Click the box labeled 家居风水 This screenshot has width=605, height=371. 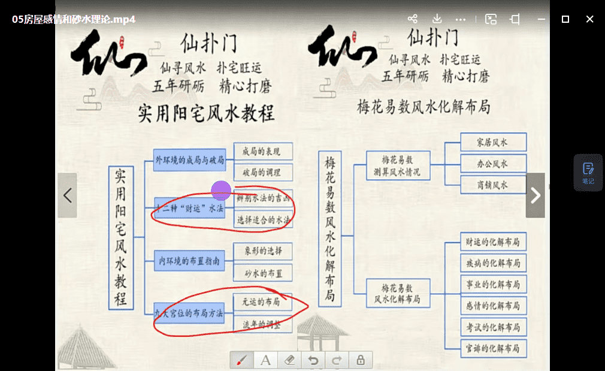(492, 143)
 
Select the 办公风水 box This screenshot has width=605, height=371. (492, 163)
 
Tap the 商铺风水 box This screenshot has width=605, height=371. (492, 185)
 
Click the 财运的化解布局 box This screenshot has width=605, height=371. (492, 242)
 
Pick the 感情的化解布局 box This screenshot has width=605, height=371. (492, 306)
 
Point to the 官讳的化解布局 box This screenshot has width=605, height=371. (492, 348)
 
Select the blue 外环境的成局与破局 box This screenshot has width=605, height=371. (190, 160)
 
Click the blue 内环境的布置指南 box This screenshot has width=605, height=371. (190, 261)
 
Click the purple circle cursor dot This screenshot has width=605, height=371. (222, 190)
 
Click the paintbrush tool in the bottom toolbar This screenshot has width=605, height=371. (241, 360)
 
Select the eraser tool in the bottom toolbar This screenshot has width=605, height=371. (289, 360)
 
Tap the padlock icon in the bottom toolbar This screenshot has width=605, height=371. (361, 360)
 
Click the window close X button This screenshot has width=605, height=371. (590, 19)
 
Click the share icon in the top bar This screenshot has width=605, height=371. (412, 19)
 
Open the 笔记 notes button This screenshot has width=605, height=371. (588, 173)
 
